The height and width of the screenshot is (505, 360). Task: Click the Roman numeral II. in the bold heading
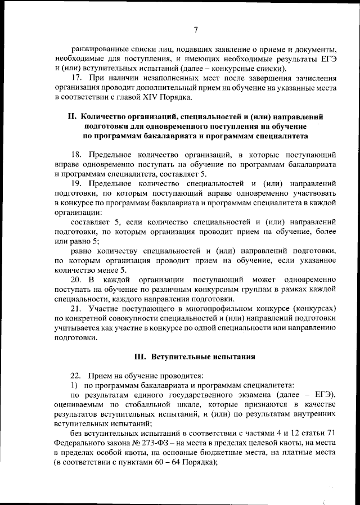pyautogui.click(x=71, y=117)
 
